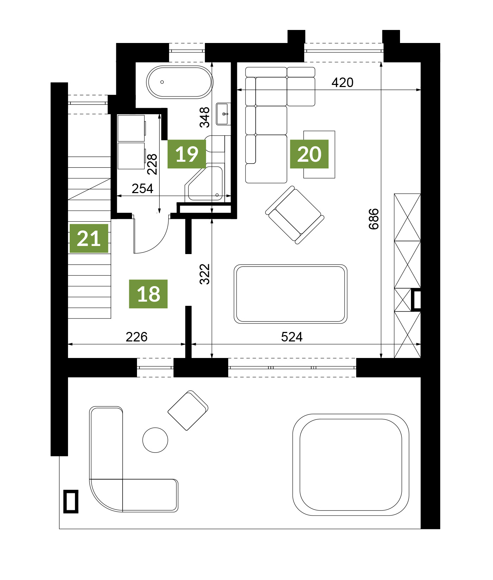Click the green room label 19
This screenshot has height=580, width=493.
click(187, 154)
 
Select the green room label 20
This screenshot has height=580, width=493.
click(309, 154)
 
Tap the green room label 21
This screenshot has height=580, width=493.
click(89, 239)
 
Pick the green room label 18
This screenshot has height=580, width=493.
click(148, 294)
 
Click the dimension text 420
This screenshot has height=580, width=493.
click(342, 82)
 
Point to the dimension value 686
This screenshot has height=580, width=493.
click(374, 219)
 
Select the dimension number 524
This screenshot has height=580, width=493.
click(292, 337)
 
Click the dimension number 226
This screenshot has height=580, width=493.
click(137, 337)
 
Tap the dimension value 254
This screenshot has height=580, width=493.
click(143, 189)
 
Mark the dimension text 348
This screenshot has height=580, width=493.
click(204, 117)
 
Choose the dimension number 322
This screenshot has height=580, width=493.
click(204, 274)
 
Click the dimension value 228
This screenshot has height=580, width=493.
click(152, 164)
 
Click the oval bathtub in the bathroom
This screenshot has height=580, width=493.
click(180, 82)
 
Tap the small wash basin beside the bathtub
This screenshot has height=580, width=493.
click(223, 114)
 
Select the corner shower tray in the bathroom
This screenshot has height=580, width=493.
click(204, 183)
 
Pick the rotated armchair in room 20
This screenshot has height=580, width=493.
click(295, 215)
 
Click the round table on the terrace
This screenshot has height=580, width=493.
click(155, 440)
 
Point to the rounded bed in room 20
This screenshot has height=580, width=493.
click(291, 294)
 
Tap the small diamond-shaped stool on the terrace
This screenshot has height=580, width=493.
click(188, 411)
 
